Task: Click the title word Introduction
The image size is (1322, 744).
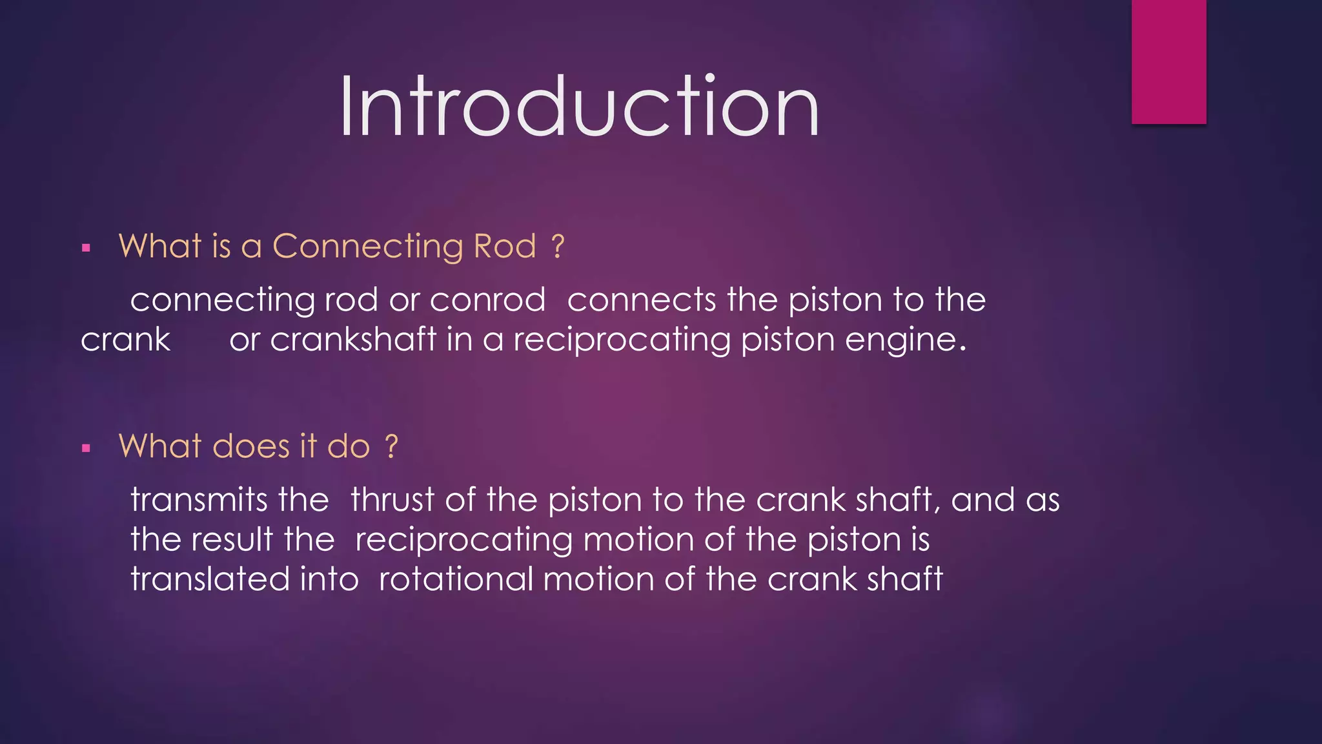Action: pyautogui.click(x=579, y=107)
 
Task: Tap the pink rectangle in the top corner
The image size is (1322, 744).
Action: pyautogui.click(x=1168, y=61)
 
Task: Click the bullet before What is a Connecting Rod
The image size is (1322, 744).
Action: pyautogui.click(x=86, y=248)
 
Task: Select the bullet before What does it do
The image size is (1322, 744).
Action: pyautogui.click(x=86, y=448)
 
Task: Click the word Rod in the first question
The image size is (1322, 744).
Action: pyautogui.click(x=505, y=247)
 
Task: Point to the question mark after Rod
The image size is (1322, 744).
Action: pyautogui.click(x=558, y=247)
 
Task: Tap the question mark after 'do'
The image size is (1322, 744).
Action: pyautogui.click(x=391, y=447)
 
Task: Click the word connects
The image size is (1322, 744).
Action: pyautogui.click(x=641, y=300)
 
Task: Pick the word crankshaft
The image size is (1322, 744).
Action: pyautogui.click(x=353, y=340)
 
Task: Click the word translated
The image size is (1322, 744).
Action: pyautogui.click(x=210, y=579)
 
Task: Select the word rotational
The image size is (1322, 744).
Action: pyautogui.click(x=456, y=579)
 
